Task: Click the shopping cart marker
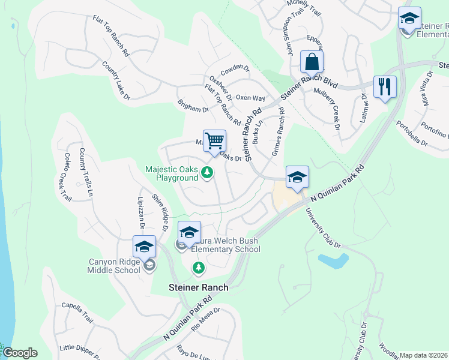coord(214,142)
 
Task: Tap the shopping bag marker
coord(312,62)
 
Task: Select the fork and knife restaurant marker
coord(384,87)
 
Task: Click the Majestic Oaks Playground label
coord(172,173)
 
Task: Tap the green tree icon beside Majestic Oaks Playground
coord(207,173)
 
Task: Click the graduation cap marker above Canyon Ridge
coord(144,247)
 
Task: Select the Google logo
coord(20,353)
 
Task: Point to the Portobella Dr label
coord(411,134)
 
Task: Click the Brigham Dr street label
coord(193,106)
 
